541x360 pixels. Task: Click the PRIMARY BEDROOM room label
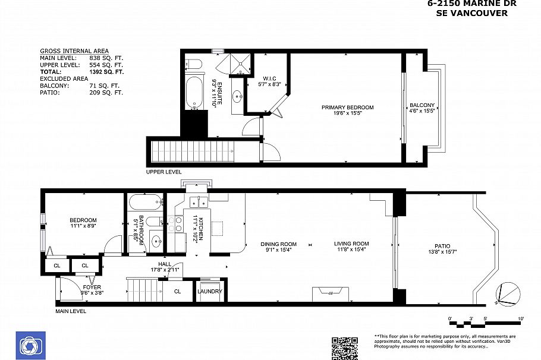coord(347,108)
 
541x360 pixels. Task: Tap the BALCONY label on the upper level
coord(422,106)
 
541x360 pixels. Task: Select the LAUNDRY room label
coord(210,291)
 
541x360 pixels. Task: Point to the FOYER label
coord(92,287)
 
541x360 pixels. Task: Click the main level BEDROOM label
coord(83,220)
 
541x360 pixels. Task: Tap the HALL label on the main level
coord(165,264)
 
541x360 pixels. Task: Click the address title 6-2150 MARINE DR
coord(472,4)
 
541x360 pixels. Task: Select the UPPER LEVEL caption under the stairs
coord(164,172)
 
